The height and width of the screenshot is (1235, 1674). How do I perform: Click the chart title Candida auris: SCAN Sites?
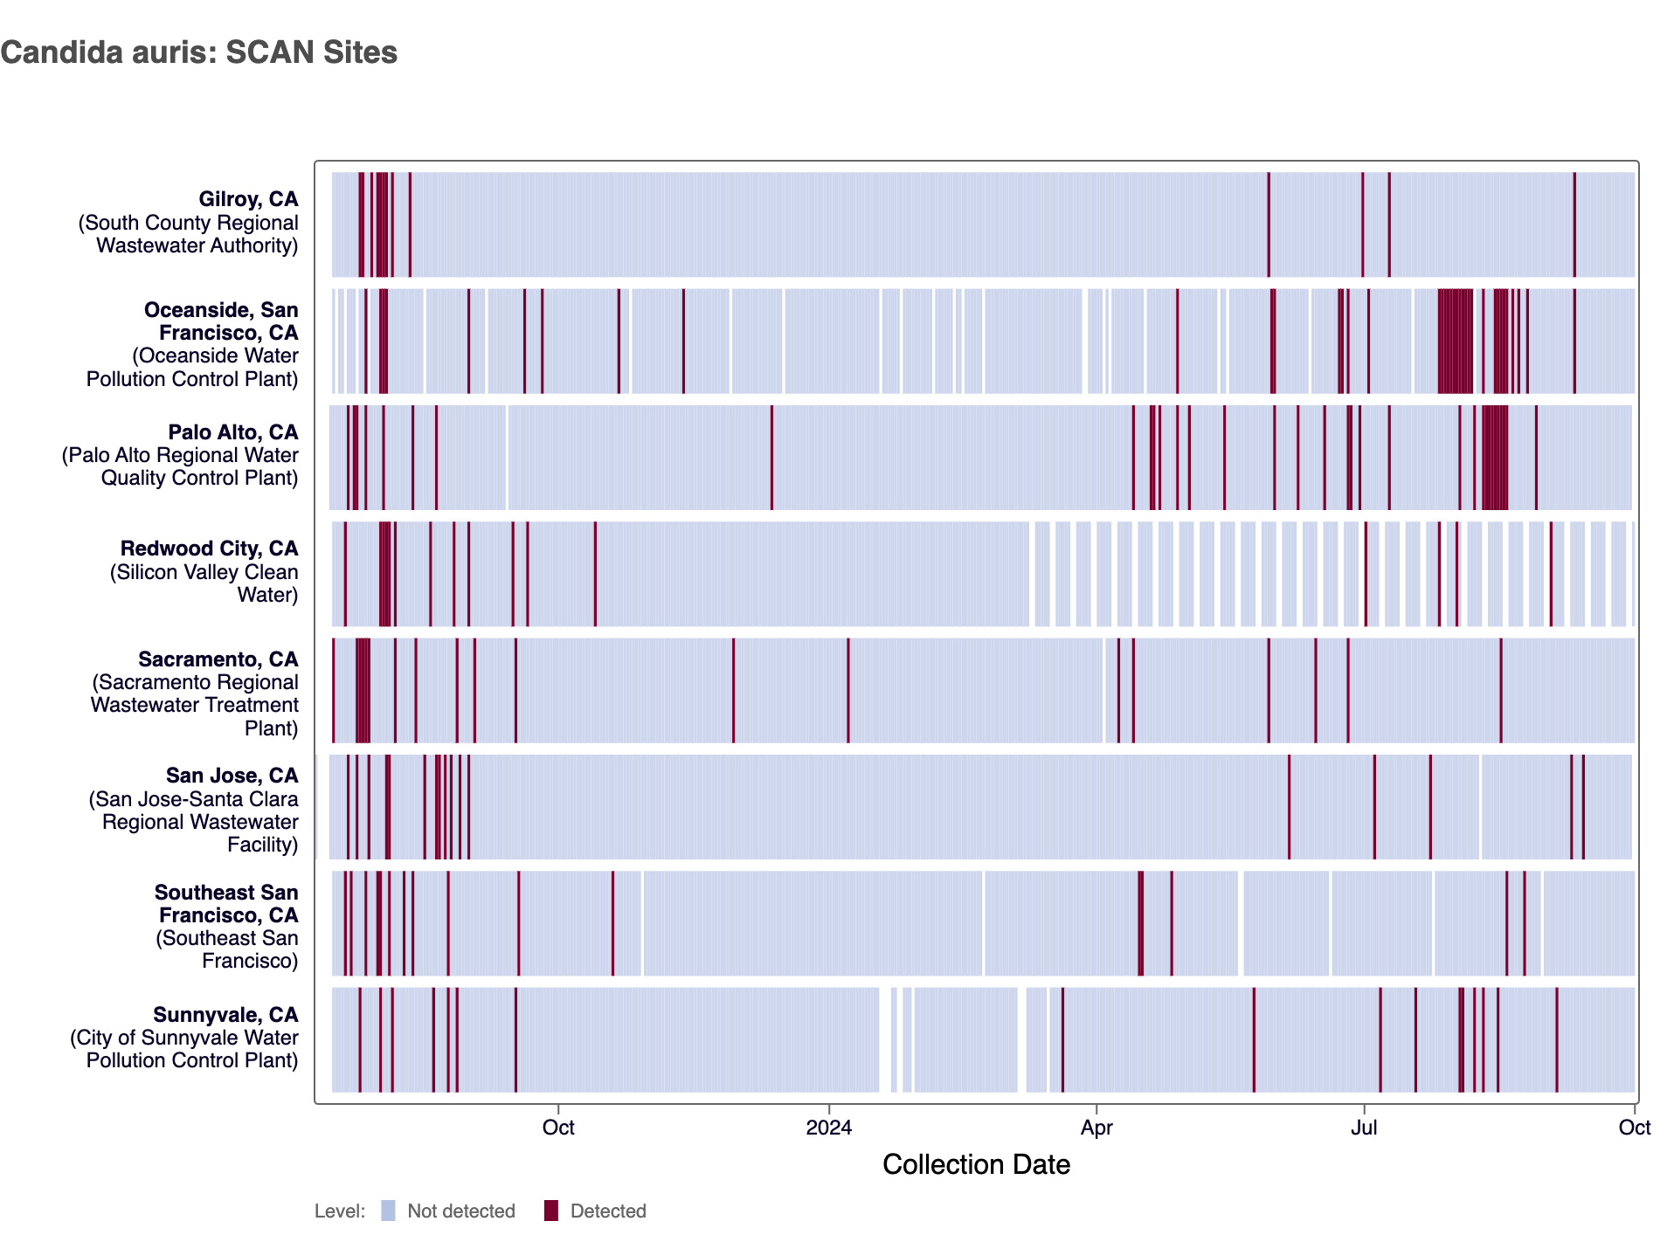(199, 52)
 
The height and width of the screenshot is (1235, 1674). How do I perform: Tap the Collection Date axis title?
(975, 1164)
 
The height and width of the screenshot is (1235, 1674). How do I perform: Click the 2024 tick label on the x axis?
(828, 1128)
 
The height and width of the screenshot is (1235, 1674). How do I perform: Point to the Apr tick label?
(1096, 1128)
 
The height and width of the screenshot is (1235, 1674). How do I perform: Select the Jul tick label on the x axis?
(1363, 1128)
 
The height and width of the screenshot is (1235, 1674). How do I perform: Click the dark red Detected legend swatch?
(550, 1211)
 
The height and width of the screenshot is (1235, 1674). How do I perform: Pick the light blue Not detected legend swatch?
(389, 1211)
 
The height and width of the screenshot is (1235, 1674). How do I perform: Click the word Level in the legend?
(339, 1211)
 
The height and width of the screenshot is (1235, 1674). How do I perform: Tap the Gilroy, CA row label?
(248, 200)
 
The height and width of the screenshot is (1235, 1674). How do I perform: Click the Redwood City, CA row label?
(209, 549)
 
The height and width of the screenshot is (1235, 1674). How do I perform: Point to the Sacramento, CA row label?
(218, 659)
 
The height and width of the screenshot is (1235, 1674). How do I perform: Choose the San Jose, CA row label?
(232, 776)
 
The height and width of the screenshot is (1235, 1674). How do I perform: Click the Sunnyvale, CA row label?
(225, 1015)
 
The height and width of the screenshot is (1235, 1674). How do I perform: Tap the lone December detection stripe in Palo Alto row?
(771, 457)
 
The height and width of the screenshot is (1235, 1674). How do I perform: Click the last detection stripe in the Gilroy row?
(1574, 224)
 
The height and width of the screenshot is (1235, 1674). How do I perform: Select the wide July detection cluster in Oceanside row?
(1456, 341)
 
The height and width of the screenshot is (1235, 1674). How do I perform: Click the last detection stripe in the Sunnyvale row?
(1556, 1039)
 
